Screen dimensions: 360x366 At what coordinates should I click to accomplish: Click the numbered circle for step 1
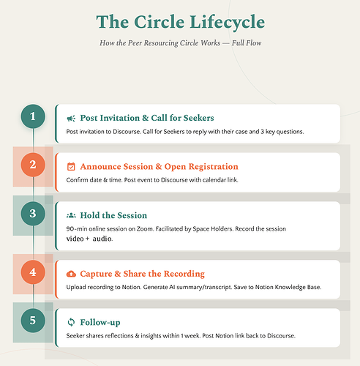33,116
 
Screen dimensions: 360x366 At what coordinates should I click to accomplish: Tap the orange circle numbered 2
33,165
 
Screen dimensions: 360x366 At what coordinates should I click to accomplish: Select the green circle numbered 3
33,214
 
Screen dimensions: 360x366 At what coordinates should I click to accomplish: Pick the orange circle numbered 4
33,272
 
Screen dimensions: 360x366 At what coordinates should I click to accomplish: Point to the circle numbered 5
33,321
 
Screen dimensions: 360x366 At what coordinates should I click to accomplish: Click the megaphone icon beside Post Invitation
71,119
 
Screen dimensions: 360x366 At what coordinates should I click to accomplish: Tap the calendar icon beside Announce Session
71,167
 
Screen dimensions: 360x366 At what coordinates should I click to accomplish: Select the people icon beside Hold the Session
71,215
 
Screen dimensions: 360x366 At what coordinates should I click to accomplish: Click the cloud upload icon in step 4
71,274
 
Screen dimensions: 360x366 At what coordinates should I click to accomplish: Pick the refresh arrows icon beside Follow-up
71,322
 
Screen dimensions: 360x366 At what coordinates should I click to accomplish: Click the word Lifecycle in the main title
227,23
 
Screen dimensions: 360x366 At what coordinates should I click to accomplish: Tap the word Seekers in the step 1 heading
198,118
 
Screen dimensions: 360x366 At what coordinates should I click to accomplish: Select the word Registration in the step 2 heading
213,167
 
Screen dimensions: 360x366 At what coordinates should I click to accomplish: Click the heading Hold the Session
113,215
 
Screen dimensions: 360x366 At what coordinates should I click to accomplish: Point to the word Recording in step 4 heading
184,274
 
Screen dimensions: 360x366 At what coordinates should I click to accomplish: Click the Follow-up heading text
100,322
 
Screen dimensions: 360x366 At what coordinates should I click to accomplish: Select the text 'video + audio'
89,239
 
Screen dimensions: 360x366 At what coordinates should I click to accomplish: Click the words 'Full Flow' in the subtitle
247,43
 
